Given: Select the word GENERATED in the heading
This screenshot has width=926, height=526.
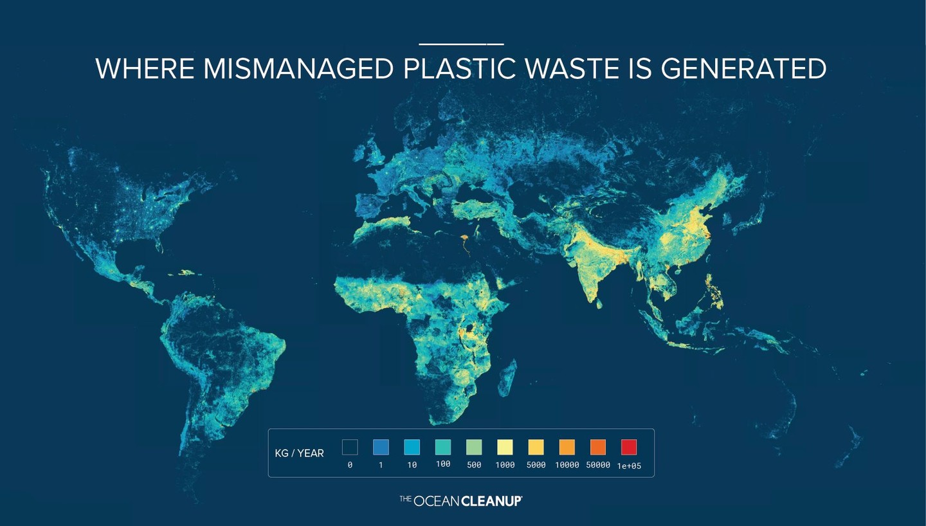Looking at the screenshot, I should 743,69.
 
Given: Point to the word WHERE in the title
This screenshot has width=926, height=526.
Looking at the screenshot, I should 145,69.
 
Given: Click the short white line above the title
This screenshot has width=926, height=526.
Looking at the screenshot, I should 461,44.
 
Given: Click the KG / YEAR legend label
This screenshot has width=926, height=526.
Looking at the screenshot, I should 299,453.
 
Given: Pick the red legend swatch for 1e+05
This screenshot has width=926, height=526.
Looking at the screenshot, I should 629,447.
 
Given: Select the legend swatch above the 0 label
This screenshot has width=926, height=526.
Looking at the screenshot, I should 350,447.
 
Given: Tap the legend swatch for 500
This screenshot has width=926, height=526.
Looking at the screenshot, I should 474,447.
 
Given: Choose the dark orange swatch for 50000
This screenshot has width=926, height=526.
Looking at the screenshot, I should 598,447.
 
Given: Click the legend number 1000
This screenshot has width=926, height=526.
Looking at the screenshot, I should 505,465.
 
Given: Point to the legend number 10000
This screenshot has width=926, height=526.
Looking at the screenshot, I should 567,465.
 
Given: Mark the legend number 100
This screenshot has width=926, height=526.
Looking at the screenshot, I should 443,464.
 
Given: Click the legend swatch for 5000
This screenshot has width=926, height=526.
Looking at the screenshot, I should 536,447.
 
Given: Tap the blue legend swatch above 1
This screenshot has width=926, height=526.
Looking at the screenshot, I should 381,447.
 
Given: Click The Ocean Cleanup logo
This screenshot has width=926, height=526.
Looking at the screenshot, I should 460,500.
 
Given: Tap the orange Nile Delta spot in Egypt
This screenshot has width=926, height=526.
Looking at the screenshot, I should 462,241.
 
